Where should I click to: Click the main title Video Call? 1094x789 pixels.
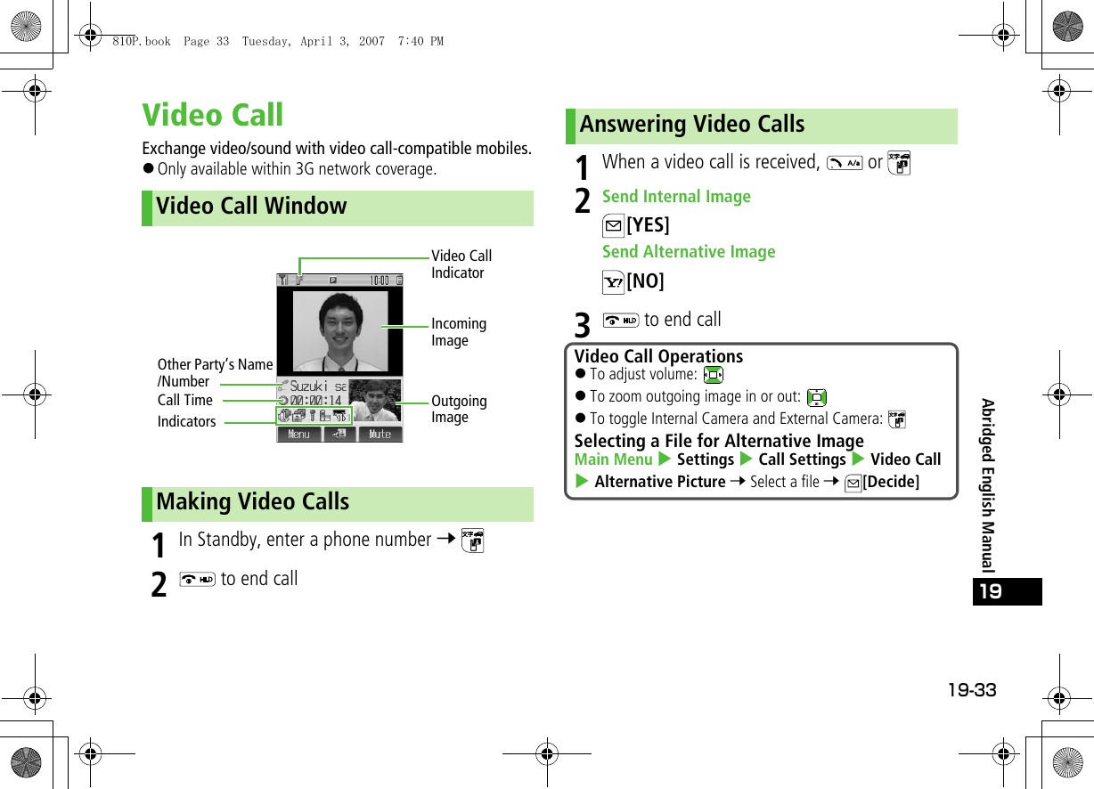(x=213, y=115)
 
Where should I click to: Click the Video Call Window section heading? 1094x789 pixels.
(x=251, y=207)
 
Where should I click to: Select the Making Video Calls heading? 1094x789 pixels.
(x=252, y=502)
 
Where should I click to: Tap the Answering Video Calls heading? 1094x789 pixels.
(x=691, y=125)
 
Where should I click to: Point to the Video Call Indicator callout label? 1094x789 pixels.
(x=461, y=264)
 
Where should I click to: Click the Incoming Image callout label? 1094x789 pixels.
(x=458, y=332)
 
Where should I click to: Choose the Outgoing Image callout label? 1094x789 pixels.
(x=458, y=409)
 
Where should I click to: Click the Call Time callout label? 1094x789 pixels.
(x=185, y=401)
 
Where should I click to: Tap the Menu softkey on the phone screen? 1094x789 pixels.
(x=299, y=435)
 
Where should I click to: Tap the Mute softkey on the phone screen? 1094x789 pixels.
(x=380, y=435)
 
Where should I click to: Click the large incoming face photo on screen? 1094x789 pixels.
(x=340, y=329)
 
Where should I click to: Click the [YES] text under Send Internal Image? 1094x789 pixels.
(x=648, y=225)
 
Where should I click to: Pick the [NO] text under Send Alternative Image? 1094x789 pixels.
(x=645, y=281)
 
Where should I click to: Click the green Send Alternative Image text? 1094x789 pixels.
(x=689, y=252)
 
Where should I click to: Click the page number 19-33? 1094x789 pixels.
(x=971, y=690)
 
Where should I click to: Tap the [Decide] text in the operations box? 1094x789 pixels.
(x=891, y=482)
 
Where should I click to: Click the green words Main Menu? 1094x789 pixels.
(x=614, y=460)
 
